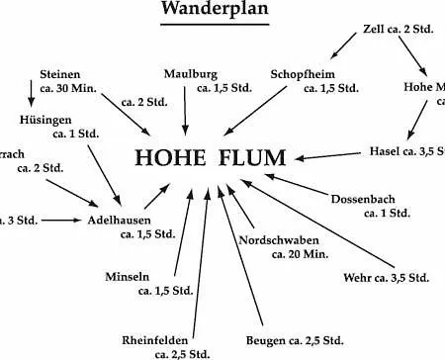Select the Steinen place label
click(60, 74)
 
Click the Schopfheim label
click(303, 73)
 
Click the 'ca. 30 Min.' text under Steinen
click(68, 89)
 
